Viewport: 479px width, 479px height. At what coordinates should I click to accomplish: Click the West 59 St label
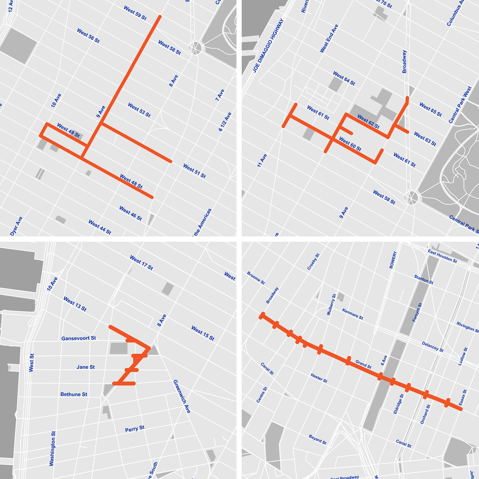[x=135, y=13]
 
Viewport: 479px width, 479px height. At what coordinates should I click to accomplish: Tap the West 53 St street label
[x=139, y=110]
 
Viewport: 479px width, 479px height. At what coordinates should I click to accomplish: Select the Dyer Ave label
[x=16, y=226]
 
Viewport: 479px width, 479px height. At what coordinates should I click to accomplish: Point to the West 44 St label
[x=99, y=227]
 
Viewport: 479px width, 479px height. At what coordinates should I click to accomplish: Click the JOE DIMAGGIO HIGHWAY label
[x=268, y=45]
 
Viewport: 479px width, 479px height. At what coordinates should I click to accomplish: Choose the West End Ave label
[x=329, y=39]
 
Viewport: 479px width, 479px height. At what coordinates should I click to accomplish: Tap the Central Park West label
[x=460, y=105]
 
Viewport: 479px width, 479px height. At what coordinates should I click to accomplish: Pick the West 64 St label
[x=344, y=78]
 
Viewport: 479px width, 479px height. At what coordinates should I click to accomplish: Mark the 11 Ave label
[x=262, y=161]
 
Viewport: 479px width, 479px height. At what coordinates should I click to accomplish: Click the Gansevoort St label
[x=78, y=338]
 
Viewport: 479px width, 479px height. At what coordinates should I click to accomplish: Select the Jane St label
[x=85, y=367]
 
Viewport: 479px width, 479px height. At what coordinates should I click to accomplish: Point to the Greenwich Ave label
[x=182, y=396]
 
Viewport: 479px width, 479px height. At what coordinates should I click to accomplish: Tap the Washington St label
[x=52, y=448]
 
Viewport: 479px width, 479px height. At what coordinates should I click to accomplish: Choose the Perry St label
[x=134, y=429]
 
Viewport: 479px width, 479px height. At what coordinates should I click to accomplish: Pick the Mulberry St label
[x=331, y=304]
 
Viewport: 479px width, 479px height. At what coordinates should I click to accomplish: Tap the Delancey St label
[x=432, y=347]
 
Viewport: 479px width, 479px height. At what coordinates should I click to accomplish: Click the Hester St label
[x=319, y=378]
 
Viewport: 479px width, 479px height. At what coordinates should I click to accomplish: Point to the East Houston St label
[x=442, y=256]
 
